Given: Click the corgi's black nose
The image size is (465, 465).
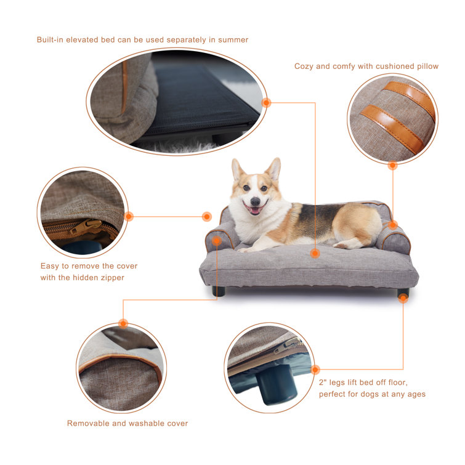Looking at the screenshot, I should [254, 200].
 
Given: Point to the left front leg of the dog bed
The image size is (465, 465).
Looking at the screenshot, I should [218, 290].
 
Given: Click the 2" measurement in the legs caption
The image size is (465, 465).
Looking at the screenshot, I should [322, 382].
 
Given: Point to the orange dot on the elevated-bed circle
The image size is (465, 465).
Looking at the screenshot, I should [266, 103].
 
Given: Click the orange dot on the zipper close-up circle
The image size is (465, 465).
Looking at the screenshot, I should [129, 216].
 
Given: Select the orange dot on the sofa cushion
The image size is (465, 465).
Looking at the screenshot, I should [315, 253].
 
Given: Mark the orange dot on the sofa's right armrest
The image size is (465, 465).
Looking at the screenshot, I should [393, 225].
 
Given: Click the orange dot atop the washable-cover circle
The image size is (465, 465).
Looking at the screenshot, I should [123, 323].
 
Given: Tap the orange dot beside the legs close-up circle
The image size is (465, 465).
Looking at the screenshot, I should [315, 370].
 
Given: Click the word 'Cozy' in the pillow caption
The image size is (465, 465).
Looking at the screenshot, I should [304, 66].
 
